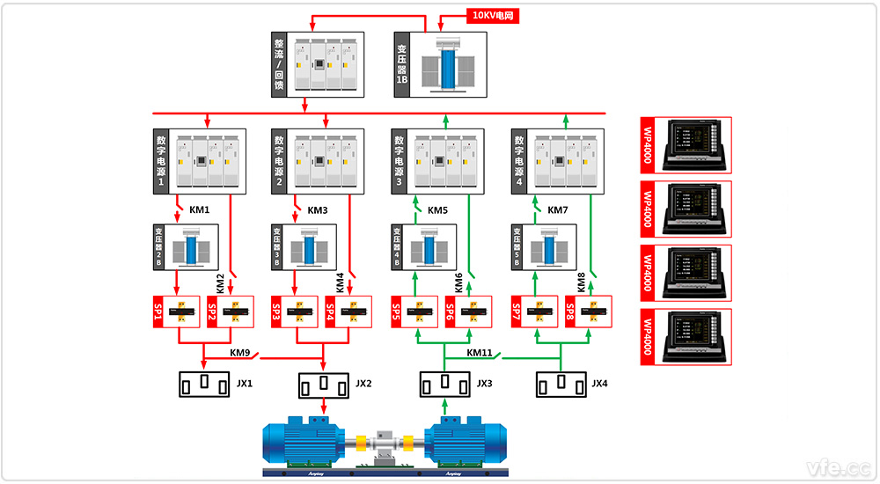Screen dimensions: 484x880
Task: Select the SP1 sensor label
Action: coord(158,312)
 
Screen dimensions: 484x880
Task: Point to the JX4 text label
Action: coord(600,384)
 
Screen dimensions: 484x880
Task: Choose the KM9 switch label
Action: coord(240,353)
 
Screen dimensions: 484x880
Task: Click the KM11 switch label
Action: coord(480,353)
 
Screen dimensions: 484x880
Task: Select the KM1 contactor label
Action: coord(200,210)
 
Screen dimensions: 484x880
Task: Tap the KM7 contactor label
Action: coord(558,210)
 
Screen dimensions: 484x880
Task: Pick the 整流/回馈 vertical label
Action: coord(279,64)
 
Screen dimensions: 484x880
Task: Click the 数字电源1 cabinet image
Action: coord(208,160)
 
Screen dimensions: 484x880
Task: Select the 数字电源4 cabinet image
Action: coord(567,160)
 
